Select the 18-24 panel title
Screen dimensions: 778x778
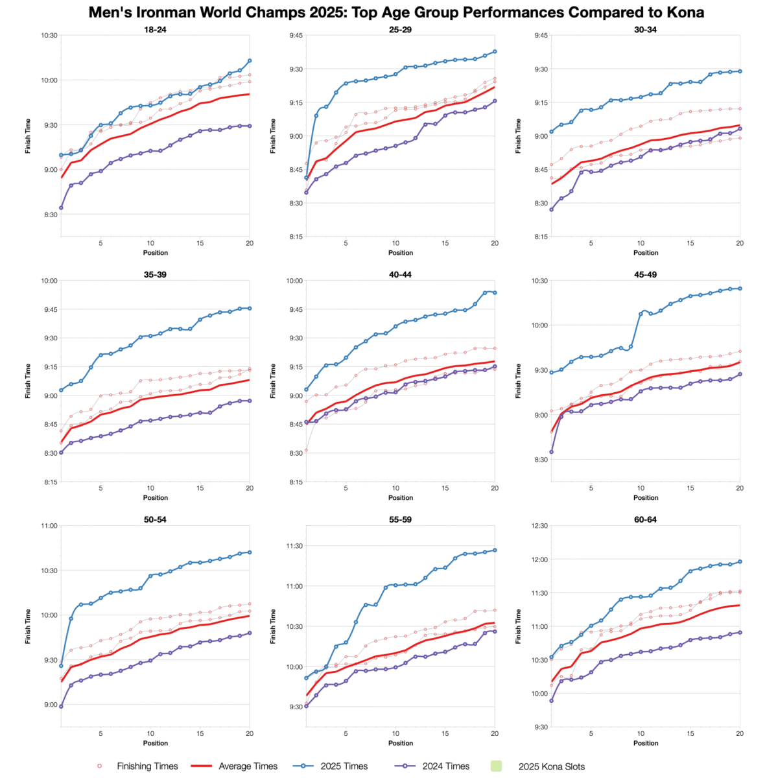click(x=155, y=29)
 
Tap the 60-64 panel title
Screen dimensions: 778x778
click(x=646, y=519)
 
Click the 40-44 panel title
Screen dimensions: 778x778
click(x=401, y=274)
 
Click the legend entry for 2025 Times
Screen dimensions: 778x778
click(x=344, y=766)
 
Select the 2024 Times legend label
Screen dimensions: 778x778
click(x=446, y=766)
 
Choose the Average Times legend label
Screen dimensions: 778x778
click(x=248, y=766)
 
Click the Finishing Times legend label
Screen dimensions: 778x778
click(x=147, y=766)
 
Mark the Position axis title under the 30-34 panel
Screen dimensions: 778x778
click(x=646, y=253)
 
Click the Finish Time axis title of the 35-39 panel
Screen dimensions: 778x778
click(x=28, y=381)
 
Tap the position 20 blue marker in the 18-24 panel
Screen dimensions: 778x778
click(x=250, y=61)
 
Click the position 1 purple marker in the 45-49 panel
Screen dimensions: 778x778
click(x=552, y=452)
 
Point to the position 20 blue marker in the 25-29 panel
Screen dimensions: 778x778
click(x=495, y=51)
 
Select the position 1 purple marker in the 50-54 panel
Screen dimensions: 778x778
click(x=61, y=706)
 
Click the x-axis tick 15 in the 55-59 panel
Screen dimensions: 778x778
click(x=445, y=733)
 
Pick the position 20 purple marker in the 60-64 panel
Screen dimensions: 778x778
click(x=740, y=632)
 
